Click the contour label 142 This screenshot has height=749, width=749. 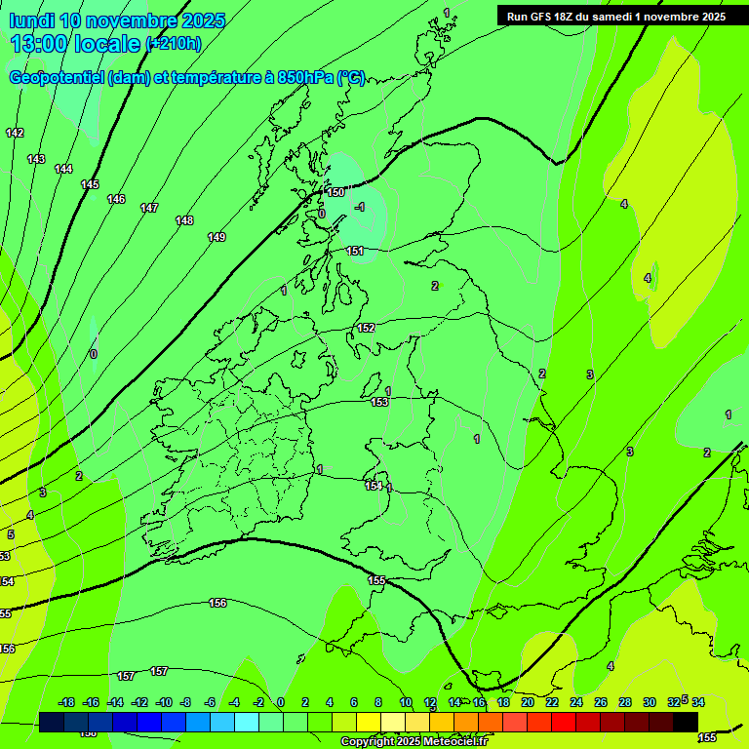pos(14,133)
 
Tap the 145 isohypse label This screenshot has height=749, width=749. pos(90,184)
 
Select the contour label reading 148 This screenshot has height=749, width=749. pos(184,220)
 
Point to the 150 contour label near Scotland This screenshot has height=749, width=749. pos(335,193)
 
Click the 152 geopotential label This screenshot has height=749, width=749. pos(366,328)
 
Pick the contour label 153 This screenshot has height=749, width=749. pos(379,402)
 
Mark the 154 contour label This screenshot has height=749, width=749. pos(374,486)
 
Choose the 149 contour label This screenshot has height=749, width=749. pos(217,237)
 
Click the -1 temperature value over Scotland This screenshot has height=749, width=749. pos(359,207)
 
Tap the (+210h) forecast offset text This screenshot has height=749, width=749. pos(174,43)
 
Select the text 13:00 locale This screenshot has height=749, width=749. pos(75,43)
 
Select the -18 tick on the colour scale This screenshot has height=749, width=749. pos(66,702)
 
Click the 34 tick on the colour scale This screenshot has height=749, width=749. pos(698,702)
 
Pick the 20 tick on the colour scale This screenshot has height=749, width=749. pos(527,702)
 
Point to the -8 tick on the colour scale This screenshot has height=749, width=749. pos(185,702)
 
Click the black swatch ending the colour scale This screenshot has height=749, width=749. pos(686,722)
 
